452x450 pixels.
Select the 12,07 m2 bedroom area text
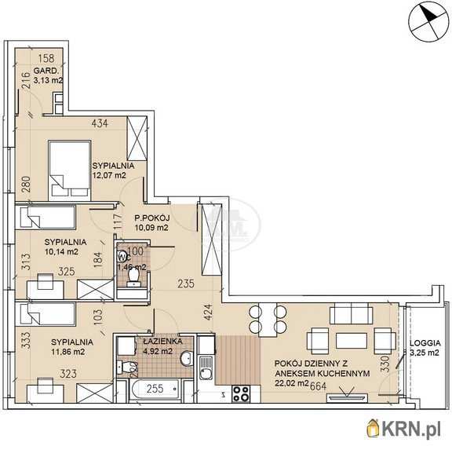(x=109, y=175)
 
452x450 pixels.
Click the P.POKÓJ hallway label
(x=152, y=218)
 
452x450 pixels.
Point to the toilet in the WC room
(x=133, y=276)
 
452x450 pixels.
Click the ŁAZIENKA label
(x=162, y=342)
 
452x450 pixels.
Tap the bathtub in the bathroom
(x=155, y=389)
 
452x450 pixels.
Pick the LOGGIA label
(x=425, y=343)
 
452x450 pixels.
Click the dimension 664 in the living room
(x=318, y=386)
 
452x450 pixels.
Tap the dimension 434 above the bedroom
(x=100, y=123)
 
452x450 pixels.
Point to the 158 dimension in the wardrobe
(x=46, y=58)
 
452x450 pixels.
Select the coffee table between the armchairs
(x=352, y=341)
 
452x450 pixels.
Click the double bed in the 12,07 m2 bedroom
(x=70, y=170)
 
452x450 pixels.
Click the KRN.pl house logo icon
(x=374, y=428)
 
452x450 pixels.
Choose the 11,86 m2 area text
(x=67, y=352)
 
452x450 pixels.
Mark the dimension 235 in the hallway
(x=186, y=284)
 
